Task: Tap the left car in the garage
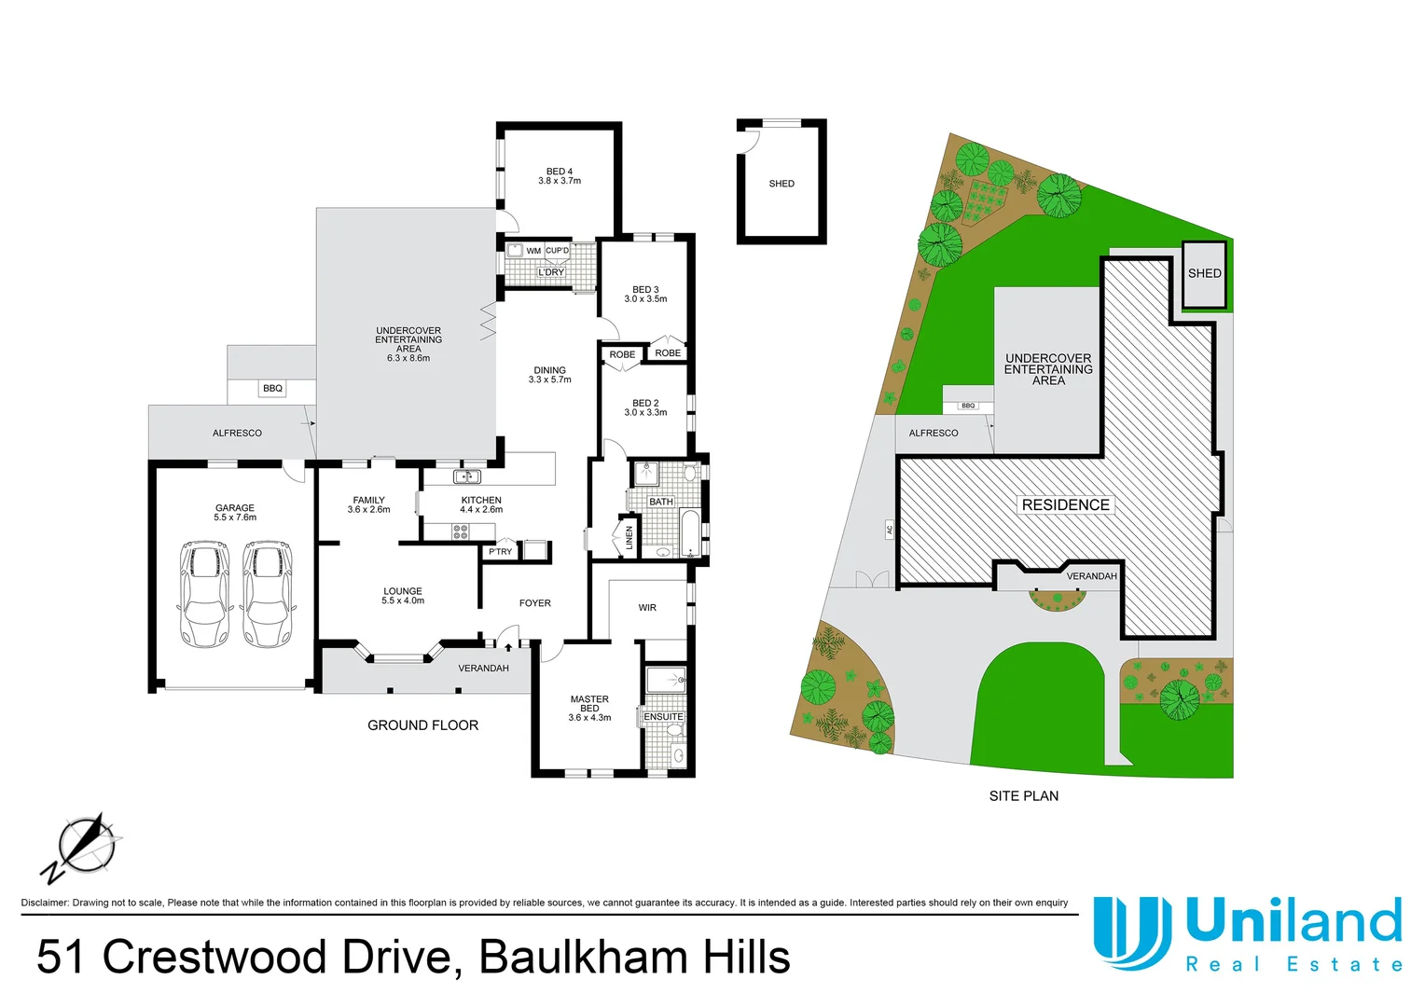coord(203,594)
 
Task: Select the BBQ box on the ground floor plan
coord(272,388)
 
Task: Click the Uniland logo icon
coord(1131,932)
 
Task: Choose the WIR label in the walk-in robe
coord(647,608)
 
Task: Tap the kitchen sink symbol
coord(466,477)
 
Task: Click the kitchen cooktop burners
coord(461,532)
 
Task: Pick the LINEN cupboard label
coord(629,538)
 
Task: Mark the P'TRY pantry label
coord(501,552)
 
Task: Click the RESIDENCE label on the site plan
coord(1065,504)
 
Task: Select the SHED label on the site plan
coord(1204,273)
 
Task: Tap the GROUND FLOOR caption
coord(422,725)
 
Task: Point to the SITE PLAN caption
coord(1023,796)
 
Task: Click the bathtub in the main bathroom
coord(688,531)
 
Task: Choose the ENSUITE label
coord(663,717)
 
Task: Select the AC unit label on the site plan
coord(890,530)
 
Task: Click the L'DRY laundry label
coord(551,272)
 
